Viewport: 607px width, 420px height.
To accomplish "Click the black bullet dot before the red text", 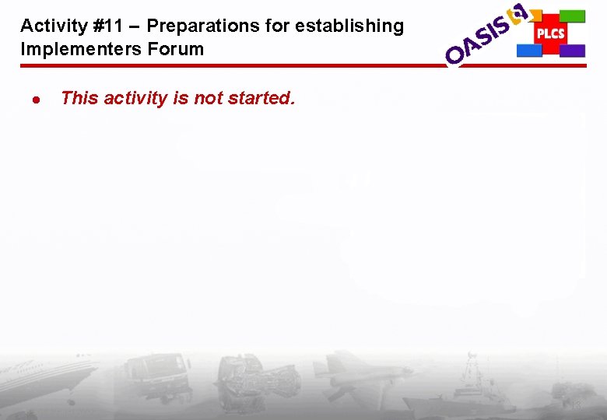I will (x=35, y=100).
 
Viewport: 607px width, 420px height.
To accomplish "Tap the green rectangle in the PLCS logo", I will (x=572, y=16).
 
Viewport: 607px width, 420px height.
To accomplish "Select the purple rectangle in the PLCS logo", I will (x=572, y=51).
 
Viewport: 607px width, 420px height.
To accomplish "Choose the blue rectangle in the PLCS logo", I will (x=529, y=51).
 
